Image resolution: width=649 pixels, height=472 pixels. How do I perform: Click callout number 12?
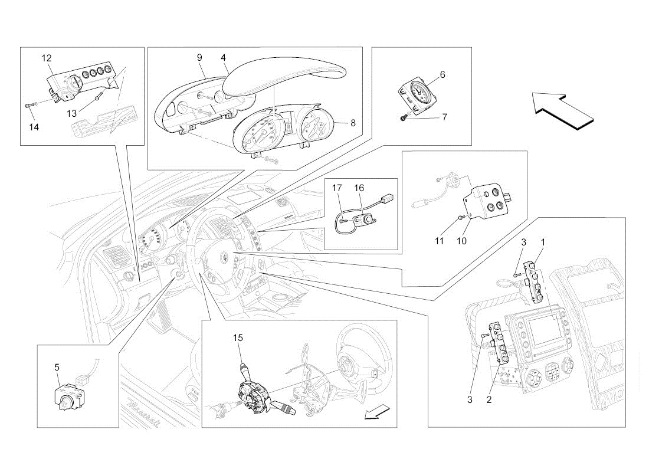[x=47, y=58]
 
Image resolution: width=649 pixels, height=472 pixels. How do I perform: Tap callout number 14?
[x=34, y=127]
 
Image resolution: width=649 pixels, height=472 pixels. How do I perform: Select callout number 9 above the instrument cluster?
[x=199, y=58]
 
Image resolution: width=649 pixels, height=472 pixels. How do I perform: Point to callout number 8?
[x=353, y=123]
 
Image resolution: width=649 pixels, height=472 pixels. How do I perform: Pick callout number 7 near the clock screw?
[x=444, y=117]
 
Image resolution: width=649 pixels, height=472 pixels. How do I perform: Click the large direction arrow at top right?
[x=563, y=112]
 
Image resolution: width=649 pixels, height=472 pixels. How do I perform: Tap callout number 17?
[x=337, y=188]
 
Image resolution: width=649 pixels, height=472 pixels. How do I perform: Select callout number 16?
[x=359, y=188]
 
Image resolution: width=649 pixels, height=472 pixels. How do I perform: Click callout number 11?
[x=439, y=241]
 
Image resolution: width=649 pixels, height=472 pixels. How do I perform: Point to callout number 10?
[x=461, y=241]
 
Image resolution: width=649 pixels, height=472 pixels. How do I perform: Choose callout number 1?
[x=543, y=242]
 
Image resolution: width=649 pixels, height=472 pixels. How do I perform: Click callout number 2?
[x=489, y=400]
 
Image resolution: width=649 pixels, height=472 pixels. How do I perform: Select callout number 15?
[x=238, y=338]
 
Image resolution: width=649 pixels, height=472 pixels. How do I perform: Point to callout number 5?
[x=57, y=367]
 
